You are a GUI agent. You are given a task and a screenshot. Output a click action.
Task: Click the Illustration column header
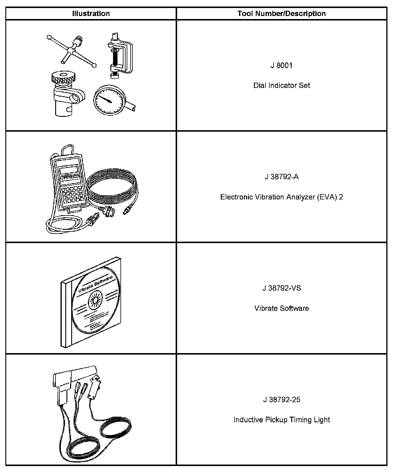91,14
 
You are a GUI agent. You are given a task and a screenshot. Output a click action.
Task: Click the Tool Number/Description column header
282,14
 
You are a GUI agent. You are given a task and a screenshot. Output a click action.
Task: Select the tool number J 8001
282,65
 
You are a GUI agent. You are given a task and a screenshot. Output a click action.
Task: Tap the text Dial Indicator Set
282,86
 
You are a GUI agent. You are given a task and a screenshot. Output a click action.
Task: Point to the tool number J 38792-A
282,177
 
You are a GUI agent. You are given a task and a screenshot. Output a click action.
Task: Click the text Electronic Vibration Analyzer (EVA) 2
282,197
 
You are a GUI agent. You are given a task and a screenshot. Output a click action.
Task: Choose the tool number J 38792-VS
282,288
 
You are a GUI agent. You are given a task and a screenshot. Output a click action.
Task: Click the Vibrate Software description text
282,308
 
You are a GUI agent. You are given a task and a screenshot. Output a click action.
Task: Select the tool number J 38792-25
282,399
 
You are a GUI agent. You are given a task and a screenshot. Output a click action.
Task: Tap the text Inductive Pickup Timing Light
282,420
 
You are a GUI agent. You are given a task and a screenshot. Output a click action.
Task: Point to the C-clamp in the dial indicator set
120,56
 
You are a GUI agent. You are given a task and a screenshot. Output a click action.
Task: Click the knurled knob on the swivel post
63,78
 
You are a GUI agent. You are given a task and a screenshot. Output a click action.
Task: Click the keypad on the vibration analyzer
71,194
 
